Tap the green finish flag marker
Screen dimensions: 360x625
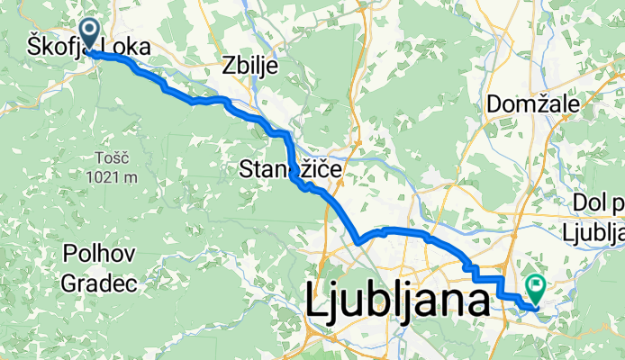(x=537, y=289)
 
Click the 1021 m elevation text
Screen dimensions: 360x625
(x=112, y=176)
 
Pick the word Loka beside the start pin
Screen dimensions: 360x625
(x=126, y=47)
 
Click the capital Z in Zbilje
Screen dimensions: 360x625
(x=227, y=67)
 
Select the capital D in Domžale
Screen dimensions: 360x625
(x=493, y=104)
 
